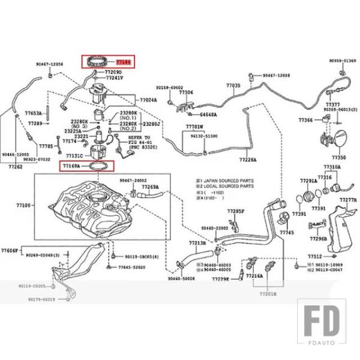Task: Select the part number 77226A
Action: click(248, 160)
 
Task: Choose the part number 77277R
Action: click(348, 199)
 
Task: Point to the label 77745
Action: click(287, 232)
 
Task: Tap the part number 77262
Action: click(16, 166)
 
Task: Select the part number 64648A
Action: click(208, 114)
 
